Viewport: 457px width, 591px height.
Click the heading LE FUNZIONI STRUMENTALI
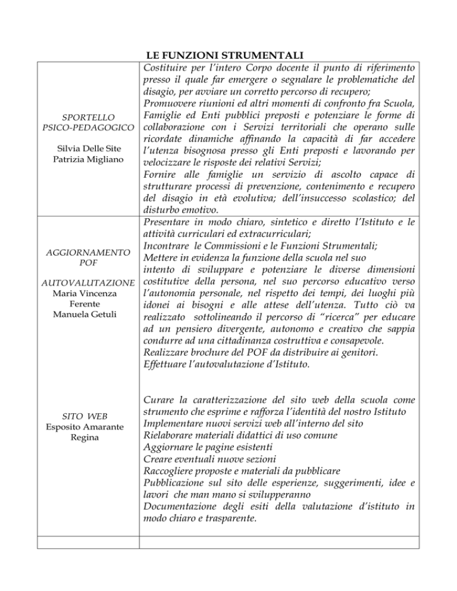(229, 56)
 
